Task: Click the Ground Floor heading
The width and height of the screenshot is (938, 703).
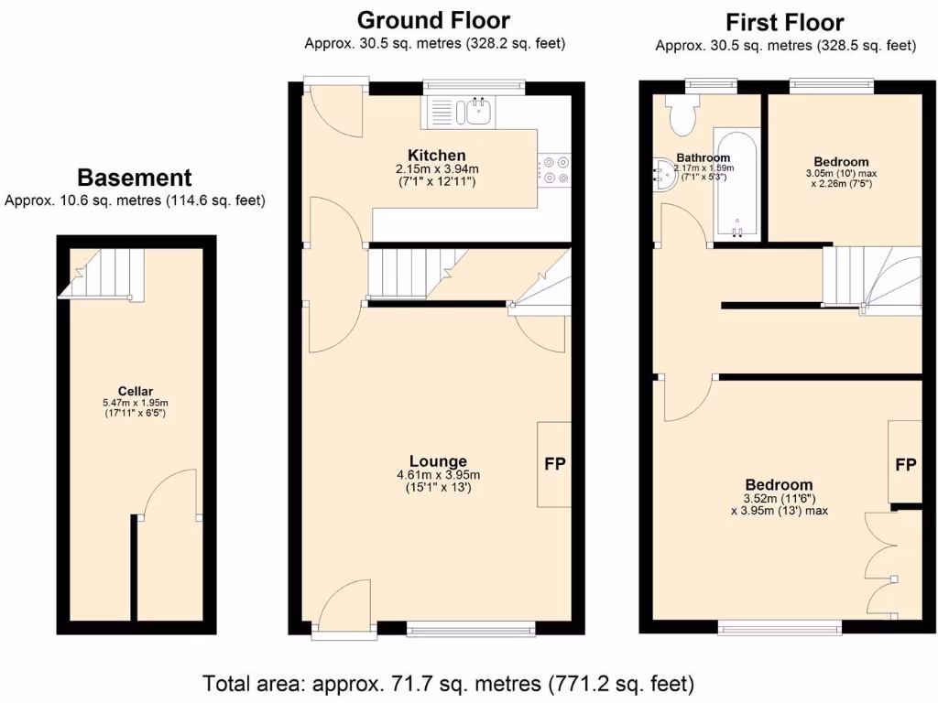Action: click(433, 19)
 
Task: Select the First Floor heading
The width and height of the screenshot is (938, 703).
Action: click(784, 22)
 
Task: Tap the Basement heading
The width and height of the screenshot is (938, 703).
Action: click(135, 178)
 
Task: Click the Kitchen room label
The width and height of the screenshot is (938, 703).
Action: click(437, 156)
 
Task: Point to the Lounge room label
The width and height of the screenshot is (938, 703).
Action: click(437, 461)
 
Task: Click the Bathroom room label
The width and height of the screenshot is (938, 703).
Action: click(703, 157)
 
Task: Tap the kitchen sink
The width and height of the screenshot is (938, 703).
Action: click(476, 112)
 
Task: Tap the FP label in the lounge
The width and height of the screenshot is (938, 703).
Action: click(555, 464)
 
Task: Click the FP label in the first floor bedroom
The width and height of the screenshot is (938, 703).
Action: click(905, 465)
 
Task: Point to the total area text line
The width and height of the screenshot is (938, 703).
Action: click(448, 683)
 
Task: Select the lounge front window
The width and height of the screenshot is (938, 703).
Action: click(471, 628)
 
